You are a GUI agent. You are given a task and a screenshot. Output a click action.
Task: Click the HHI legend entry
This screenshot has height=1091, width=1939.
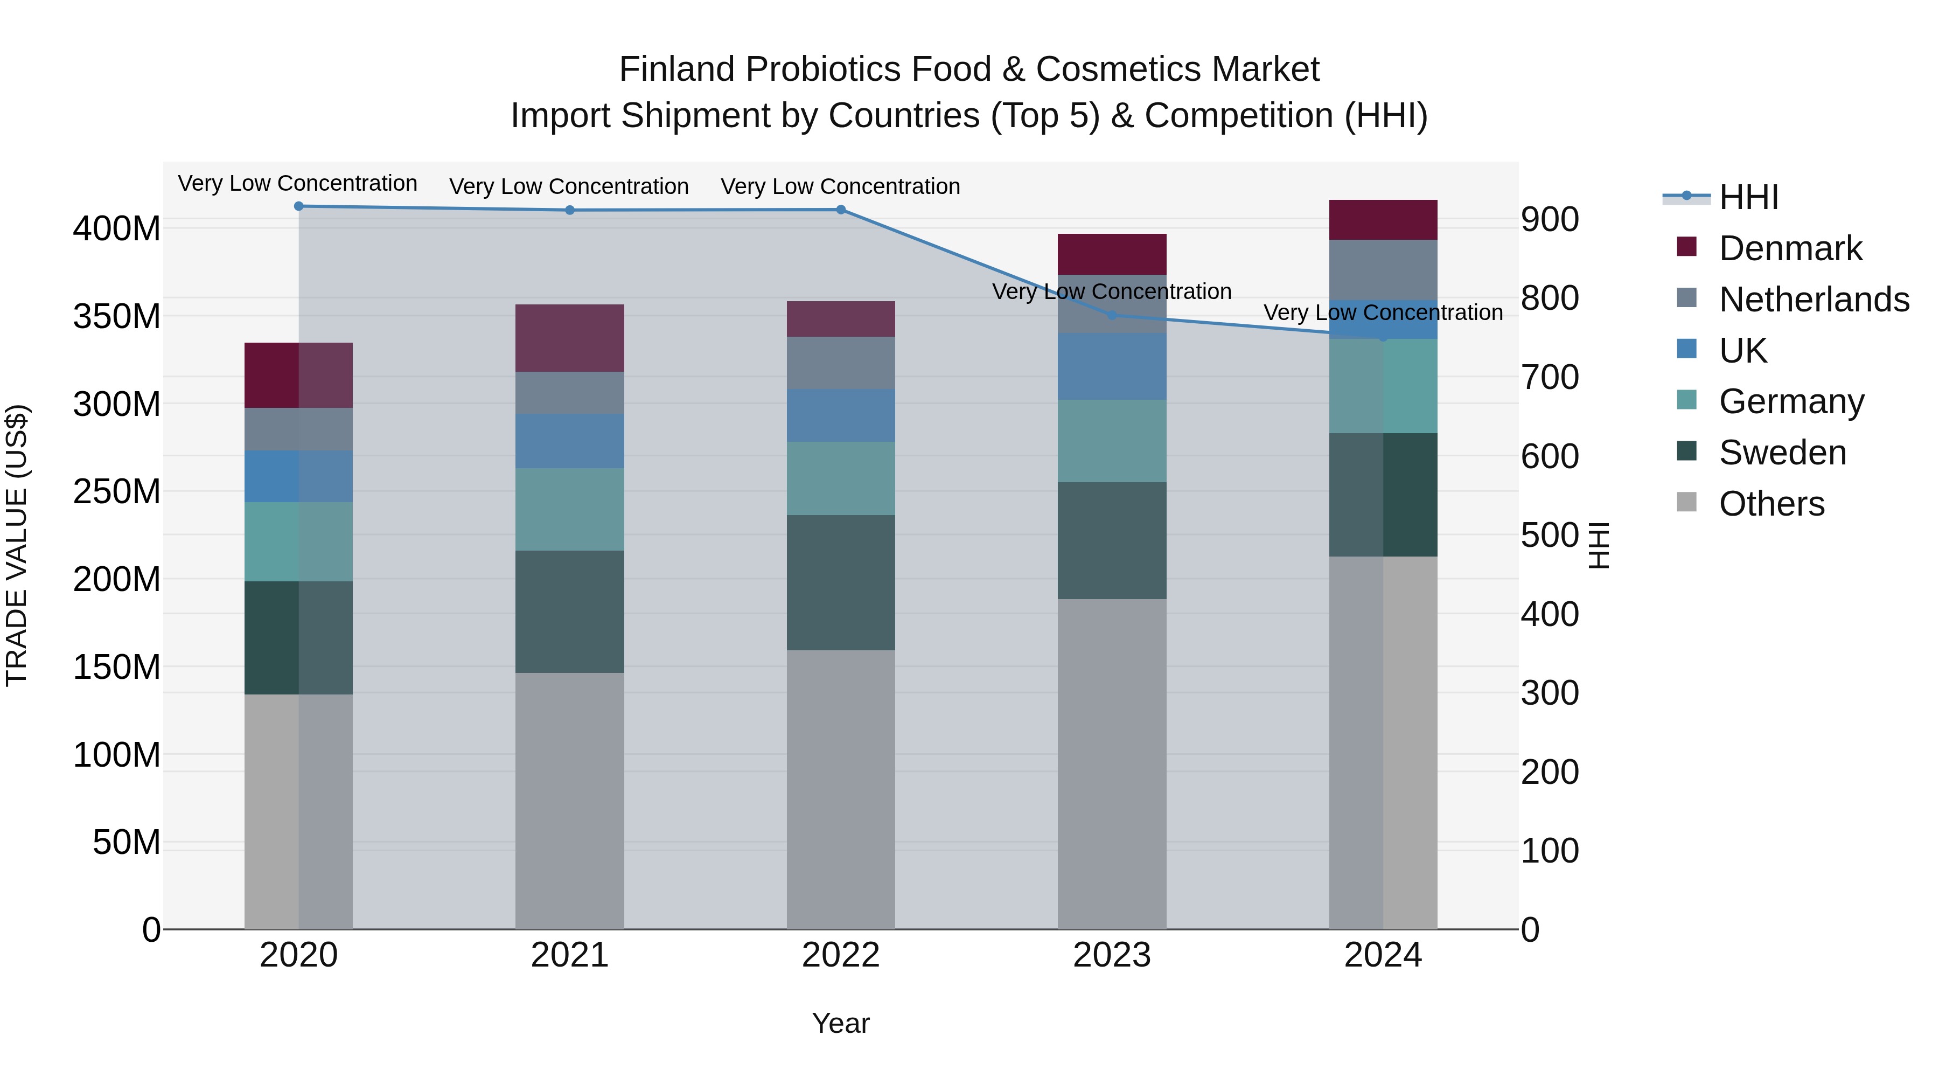click(1748, 197)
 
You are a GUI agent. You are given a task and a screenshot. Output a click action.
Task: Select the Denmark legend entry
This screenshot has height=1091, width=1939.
click(1790, 248)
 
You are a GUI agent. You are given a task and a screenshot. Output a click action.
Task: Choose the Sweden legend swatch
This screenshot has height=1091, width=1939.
click(1687, 452)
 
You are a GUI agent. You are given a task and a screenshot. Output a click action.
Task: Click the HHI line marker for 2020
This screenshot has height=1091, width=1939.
click(299, 206)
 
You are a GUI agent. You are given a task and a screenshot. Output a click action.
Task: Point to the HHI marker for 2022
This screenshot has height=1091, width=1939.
click(841, 210)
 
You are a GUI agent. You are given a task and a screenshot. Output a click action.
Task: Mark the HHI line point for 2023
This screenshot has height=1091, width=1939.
click(1112, 315)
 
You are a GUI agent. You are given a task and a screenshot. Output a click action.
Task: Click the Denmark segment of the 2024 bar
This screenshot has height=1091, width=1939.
click(1383, 220)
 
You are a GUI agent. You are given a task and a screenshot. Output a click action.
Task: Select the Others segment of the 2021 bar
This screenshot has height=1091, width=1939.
click(570, 801)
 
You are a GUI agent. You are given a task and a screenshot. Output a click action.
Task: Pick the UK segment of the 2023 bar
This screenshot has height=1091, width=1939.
click(1112, 367)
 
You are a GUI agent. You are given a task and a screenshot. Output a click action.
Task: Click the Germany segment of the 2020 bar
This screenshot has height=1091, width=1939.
click(299, 541)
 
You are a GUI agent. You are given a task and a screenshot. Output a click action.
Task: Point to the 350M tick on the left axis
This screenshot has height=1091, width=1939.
click(117, 316)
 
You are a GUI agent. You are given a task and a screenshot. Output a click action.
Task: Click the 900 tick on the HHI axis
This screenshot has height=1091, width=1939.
click(1549, 220)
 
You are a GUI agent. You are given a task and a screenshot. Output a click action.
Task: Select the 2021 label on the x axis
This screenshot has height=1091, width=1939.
click(570, 955)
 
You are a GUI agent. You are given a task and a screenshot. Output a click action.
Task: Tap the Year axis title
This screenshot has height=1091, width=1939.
click(841, 1023)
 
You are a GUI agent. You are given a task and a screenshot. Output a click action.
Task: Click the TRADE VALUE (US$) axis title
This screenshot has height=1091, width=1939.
click(17, 545)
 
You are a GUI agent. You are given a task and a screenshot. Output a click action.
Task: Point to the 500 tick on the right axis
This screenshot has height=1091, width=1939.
click(1549, 536)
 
